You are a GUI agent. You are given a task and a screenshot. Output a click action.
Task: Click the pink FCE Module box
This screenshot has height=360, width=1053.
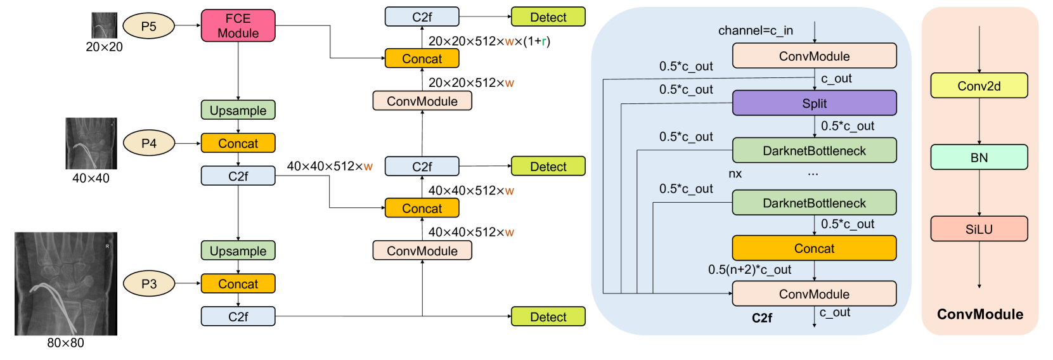(238, 26)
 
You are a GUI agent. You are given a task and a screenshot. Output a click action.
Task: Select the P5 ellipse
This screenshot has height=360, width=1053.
(148, 26)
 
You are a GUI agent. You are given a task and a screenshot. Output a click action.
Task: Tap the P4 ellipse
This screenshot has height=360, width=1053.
(148, 143)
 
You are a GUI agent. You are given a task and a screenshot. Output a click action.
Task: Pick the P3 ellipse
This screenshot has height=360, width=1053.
(148, 283)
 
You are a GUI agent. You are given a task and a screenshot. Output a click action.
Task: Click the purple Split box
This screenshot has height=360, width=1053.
(814, 103)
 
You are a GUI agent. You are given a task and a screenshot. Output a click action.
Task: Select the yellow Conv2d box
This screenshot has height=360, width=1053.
(979, 86)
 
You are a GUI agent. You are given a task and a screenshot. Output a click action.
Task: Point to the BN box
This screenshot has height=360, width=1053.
(979, 157)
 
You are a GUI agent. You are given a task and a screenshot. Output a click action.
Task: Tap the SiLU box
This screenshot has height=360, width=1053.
(979, 229)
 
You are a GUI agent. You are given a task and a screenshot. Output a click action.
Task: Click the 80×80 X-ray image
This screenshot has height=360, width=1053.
(66, 283)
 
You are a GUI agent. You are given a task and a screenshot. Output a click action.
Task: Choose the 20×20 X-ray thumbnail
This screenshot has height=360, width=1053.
(104, 25)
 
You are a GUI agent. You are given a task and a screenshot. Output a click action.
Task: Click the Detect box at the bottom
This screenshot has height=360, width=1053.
(548, 316)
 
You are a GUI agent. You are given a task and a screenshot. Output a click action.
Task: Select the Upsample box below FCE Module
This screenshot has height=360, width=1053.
(238, 110)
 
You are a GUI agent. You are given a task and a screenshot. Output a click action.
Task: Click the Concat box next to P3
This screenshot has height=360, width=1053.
(238, 283)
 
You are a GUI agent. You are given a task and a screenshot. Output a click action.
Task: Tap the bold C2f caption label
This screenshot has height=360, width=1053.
(762, 318)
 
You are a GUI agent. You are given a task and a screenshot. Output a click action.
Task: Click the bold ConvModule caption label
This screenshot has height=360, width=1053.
(980, 314)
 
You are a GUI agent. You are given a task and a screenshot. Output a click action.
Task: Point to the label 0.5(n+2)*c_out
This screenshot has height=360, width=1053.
(750, 269)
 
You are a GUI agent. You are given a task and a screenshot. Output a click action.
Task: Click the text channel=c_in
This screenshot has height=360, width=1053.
(756, 30)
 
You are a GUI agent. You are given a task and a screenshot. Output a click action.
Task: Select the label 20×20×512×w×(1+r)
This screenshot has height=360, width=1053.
(489, 41)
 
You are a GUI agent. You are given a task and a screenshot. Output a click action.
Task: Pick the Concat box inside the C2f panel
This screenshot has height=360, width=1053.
(814, 248)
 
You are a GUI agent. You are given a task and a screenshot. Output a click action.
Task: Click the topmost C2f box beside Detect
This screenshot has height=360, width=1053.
(422, 17)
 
